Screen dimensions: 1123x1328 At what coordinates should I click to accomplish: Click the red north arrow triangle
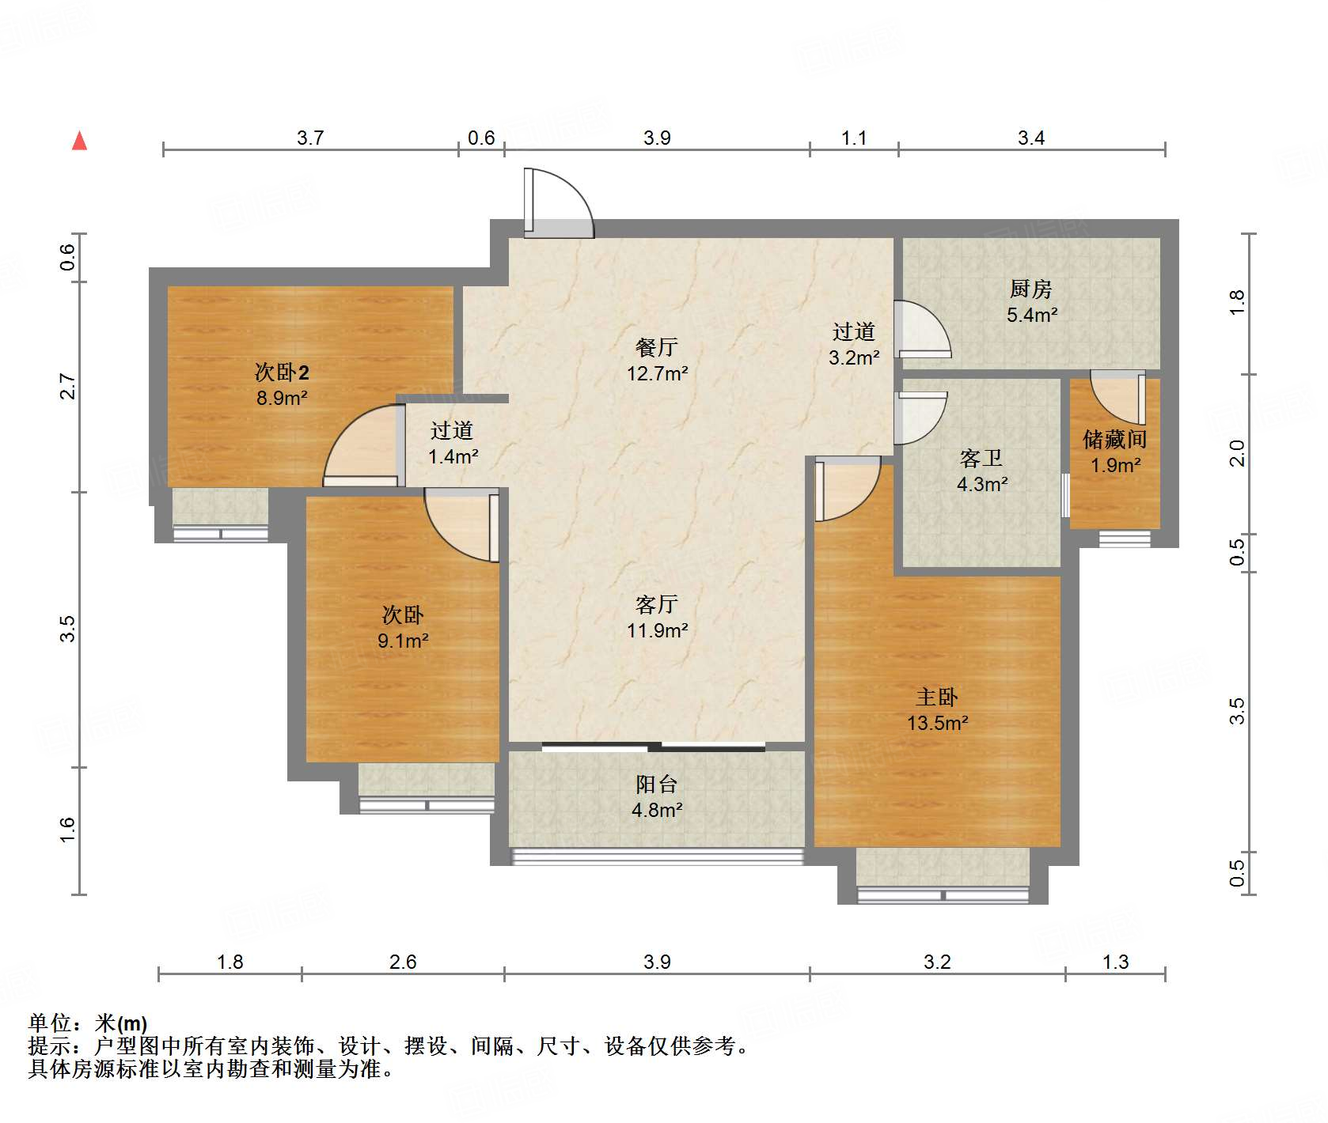(x=79, y=141)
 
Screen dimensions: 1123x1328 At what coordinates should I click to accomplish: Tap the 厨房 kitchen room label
(x=1030, y=289)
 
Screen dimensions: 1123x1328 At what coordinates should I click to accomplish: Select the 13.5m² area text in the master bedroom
(x=937, y=723)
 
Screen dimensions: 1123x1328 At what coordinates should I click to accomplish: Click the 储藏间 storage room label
(x=1114, y=439)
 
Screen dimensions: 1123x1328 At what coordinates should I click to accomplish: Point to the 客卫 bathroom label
(x=981, y=458)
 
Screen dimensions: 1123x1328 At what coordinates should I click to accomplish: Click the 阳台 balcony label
(x=656, y=784)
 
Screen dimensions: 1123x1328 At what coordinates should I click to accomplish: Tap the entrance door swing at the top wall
(x=559, y=203)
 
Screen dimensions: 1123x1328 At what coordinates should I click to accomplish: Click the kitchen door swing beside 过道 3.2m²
(x=921, y=329)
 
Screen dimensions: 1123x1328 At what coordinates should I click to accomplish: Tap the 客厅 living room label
(x=656, y=605)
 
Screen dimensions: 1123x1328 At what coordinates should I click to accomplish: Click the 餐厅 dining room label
(x=656, y=347)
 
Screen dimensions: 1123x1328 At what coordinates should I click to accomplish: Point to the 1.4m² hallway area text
(x=453, y=456)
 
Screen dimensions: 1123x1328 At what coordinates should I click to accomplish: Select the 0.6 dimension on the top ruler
(x=480, y=138)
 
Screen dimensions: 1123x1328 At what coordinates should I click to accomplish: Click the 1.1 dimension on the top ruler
(x=853, y=138)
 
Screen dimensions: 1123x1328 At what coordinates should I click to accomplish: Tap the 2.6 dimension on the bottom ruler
(x=402, y=962)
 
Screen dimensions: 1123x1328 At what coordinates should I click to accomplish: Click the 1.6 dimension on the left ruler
(x=67, y=830)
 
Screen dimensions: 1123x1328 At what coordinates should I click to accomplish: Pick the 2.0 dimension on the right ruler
(x=1236, y=453)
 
